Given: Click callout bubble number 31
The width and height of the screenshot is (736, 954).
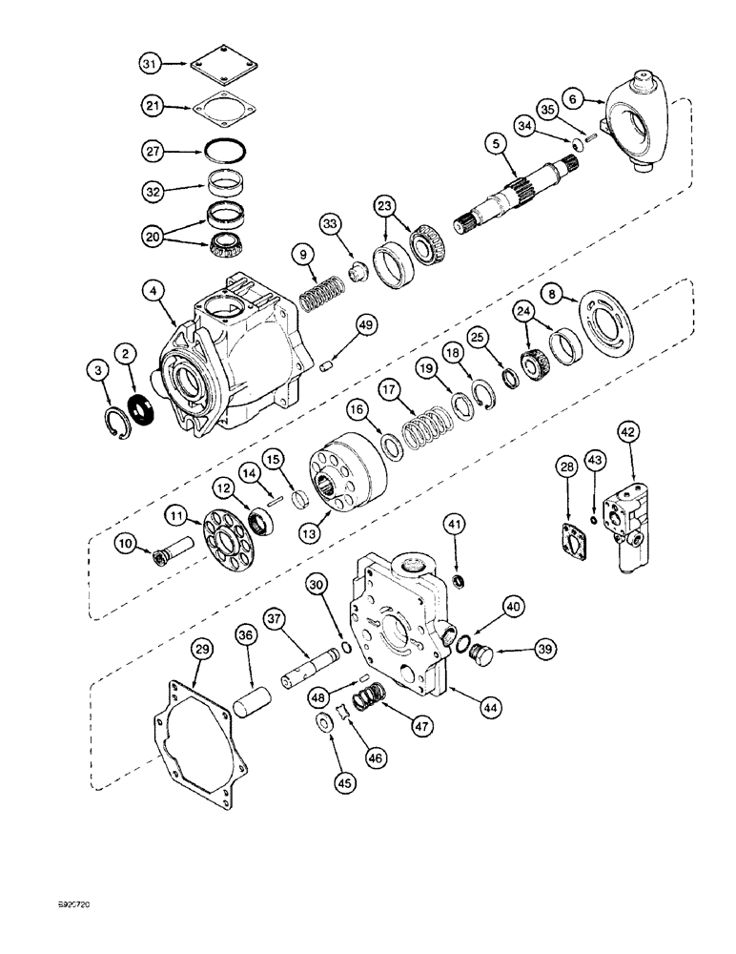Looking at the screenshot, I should click(x=148, y=64).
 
